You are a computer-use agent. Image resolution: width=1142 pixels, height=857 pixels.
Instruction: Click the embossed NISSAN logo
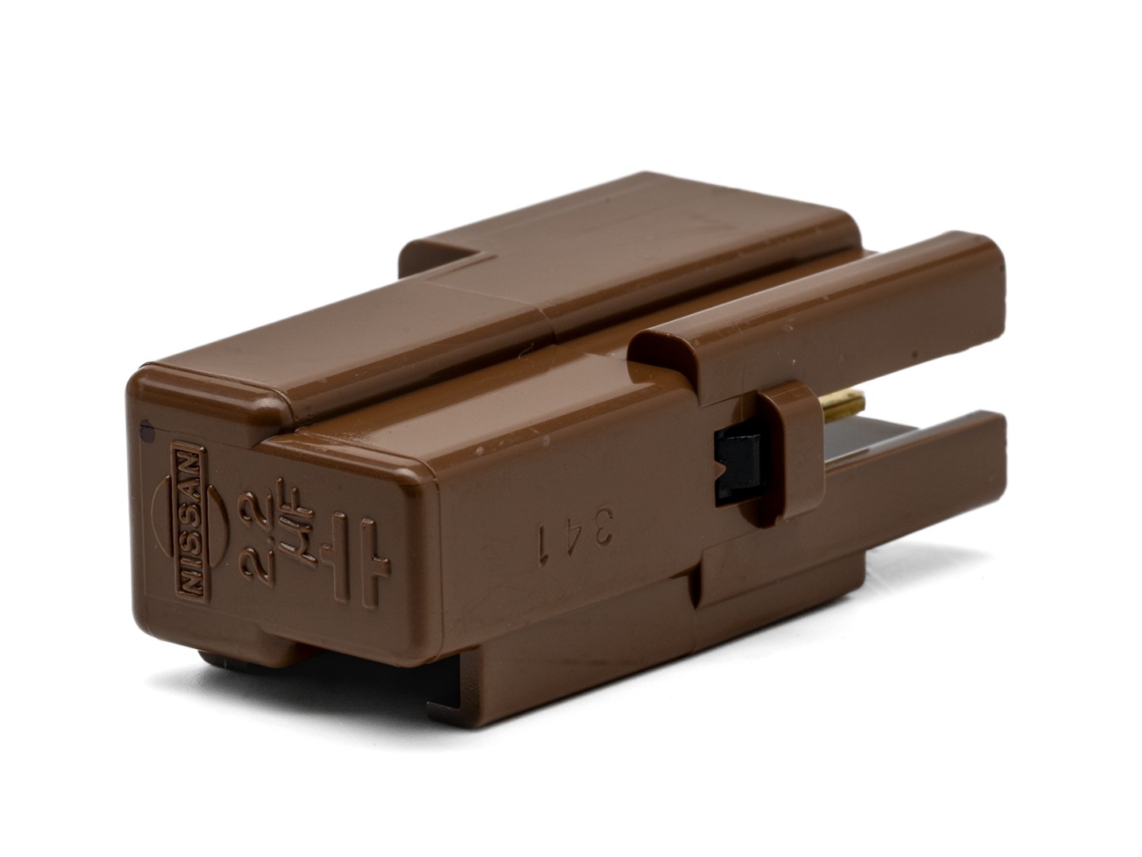tap(190, 521)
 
